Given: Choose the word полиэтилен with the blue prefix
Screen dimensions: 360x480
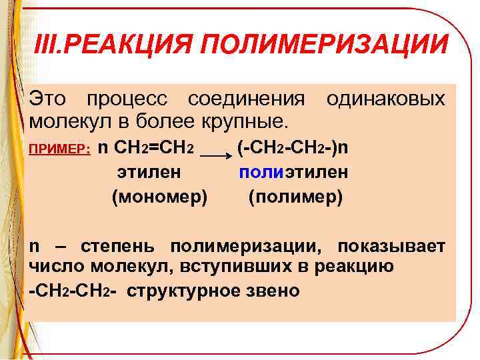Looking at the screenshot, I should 293,173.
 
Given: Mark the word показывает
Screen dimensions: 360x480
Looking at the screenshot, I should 391,247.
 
